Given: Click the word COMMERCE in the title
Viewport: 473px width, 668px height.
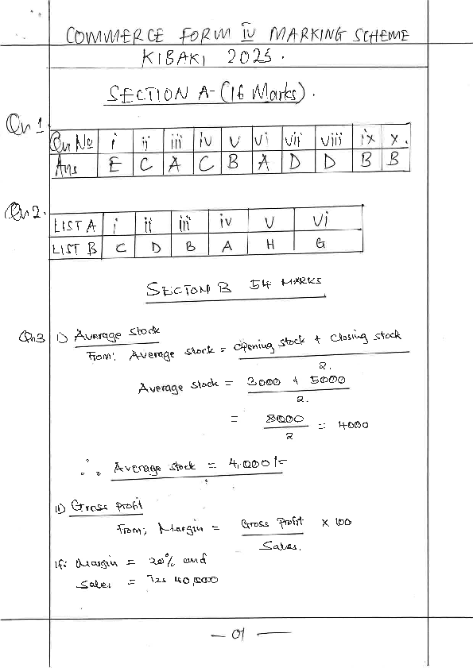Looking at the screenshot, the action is pos(116,36).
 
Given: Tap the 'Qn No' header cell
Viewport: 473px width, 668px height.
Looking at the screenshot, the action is pos(72,143).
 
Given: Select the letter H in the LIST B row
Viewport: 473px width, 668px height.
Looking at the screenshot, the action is pos(270,246).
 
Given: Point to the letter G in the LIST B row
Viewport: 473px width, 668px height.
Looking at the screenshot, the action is pos(320,245).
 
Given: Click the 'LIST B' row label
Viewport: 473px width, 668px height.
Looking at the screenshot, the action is pos(74,248).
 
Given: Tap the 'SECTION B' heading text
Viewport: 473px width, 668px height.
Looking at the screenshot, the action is pos(188,289).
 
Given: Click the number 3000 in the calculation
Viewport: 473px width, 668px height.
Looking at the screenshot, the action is pos(265,381).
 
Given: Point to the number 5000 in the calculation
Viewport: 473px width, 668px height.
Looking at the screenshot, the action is pos(327,380).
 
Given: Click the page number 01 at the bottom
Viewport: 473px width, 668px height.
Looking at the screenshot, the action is pos(237,634).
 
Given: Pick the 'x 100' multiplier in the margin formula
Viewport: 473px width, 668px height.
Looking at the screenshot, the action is pos(336,523).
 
